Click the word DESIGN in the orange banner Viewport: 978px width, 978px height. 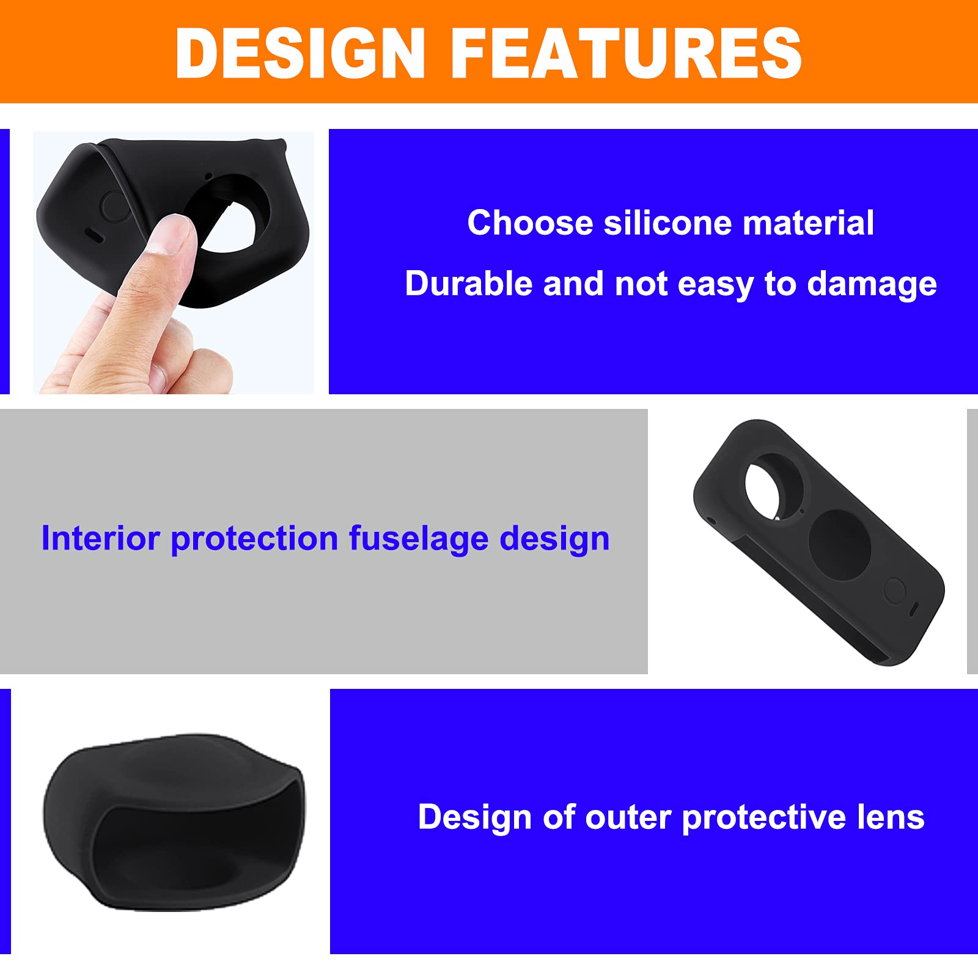(x=300, y=53)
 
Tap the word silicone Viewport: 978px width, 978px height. (x=667, y=222)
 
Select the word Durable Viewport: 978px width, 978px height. (x=468, y=284)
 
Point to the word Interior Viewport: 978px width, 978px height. (x=100, y=539)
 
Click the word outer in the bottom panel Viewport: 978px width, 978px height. (x=628, y=818)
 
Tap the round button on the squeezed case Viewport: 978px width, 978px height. (x=114, y=205)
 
